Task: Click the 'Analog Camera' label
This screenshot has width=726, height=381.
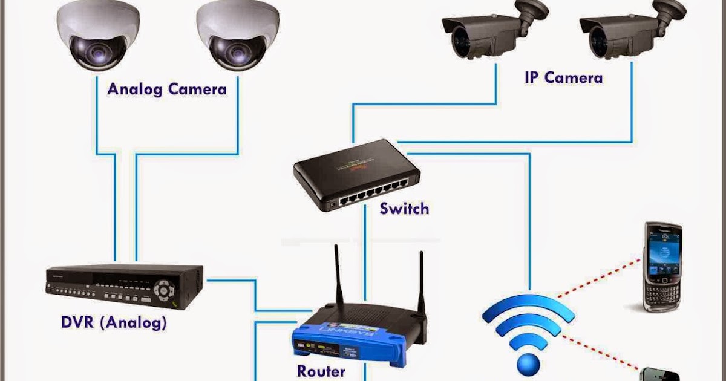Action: click(167, 90)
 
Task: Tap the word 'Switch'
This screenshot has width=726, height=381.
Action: click(404, 209)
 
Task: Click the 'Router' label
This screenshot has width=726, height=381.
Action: click(321, 370)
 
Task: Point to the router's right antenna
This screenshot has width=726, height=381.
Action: click(422, 284)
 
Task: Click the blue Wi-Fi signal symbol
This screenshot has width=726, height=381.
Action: click(528, 333)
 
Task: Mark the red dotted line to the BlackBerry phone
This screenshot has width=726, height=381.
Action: click(599, 278)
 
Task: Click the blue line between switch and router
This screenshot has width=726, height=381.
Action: click(365, 254)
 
